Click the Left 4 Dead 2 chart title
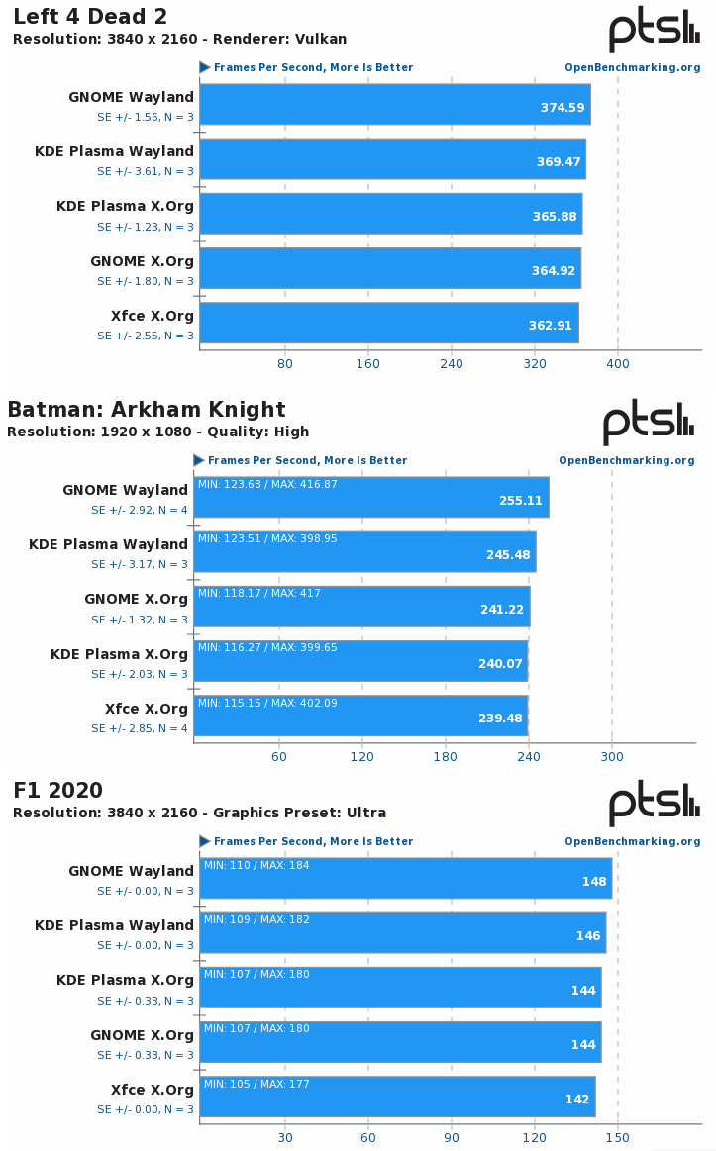coord(89,17)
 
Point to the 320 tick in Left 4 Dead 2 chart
coord(535,364)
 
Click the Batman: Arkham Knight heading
coord(147,410)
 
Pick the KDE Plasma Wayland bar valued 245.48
coord(364,552)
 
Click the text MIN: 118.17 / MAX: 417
coord(258,594)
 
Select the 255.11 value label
coord(521,501)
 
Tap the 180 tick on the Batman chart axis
coord(446,757)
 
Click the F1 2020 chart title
coord(57,791)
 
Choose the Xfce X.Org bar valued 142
coord(397,1097)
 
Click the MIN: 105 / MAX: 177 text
coord(256,1084)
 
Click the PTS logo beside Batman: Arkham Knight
coord(649,423)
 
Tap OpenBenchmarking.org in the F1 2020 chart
coord(633,841)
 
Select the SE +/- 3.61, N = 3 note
coord(145,171)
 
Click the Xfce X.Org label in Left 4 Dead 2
coord(153,316)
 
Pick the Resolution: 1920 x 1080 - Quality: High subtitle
coord(157,432)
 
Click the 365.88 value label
coord(555,216)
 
